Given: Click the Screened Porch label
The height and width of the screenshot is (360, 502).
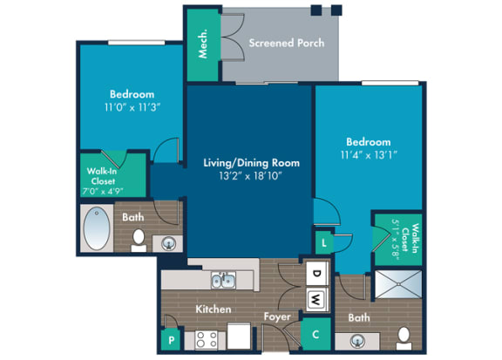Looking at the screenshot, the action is click(287, 43).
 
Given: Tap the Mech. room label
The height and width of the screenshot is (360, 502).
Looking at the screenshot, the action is click(203, 44).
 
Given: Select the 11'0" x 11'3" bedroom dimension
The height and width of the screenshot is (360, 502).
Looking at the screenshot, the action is click(132, 107).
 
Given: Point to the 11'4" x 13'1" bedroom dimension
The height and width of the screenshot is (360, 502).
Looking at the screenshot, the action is click(369, 155).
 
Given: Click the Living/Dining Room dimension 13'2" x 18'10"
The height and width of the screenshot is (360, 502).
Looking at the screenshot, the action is click(251, 176).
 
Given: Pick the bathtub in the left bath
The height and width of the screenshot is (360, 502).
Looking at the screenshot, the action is click(97, 228).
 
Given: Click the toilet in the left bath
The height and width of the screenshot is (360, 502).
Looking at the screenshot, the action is click(139, 241).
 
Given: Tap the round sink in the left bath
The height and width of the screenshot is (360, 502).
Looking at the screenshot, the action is click(168, 244).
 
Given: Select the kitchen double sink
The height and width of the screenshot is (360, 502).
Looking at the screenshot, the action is click(223, 281).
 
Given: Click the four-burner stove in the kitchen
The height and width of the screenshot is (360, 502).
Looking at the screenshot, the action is click(207, 339).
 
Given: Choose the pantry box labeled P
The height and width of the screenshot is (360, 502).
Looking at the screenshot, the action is click(172, 339).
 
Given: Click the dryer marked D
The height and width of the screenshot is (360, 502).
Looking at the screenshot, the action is click(317, 273).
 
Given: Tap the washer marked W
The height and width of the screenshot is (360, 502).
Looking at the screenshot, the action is click(317, 300).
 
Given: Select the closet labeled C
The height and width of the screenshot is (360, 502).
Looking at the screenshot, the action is click(316, 334).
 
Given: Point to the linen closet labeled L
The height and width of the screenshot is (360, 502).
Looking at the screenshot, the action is click(324, 242).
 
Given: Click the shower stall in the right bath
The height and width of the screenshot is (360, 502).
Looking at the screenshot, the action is click(398, 284).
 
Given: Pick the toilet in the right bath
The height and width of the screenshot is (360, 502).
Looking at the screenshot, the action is click(404, 338).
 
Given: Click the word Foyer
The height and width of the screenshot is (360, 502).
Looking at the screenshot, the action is click(277, 317).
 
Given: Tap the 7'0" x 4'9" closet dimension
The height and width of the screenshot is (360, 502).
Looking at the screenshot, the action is click(103, 192).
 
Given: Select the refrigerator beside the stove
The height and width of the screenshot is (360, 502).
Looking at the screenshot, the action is click(239, 336).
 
